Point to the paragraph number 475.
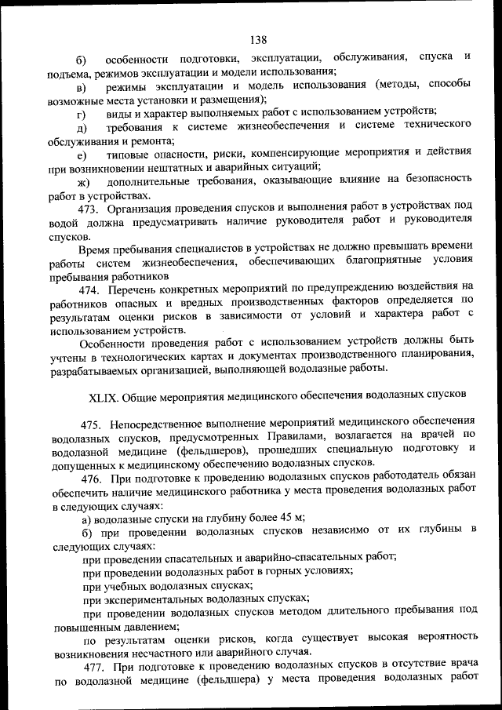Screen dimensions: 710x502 (91, 424)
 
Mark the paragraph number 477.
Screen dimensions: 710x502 (93, 667)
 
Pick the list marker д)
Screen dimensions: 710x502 (81, 127)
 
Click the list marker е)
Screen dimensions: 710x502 (81, 155)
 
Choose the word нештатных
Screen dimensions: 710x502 (186, 168)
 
